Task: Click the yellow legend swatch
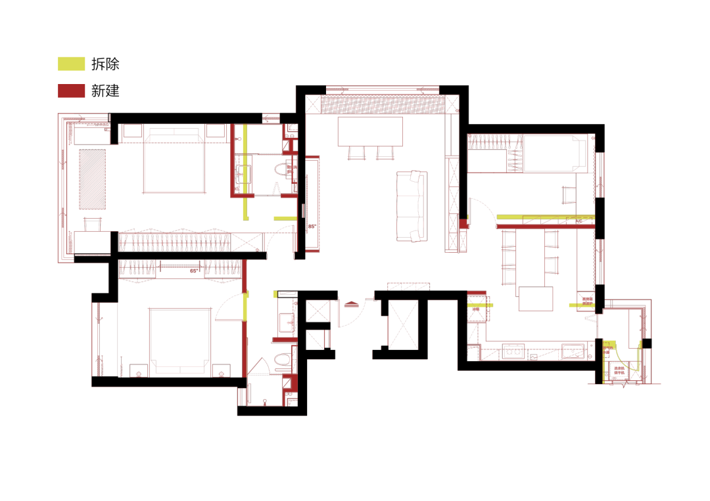[x=72, y=64]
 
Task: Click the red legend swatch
[x=72, y=91]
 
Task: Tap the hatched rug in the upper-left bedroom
[x=92, y=179]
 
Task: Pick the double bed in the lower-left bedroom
[x=179, y=340]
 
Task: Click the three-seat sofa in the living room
[x=412, y=206]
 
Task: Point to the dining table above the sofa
[x=370, y=131]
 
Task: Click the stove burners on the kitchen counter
[x=512, y=353]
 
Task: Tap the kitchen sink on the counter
[x=573, y=351]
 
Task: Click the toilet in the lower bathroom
[x=283, y=359]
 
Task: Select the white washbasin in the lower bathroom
[x=287, y=322]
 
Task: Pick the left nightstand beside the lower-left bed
[x=139, y=370]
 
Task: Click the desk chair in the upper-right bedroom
[x=569, y=195]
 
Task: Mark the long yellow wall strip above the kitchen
[x=545, y=217]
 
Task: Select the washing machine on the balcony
[x=619, y=372]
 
